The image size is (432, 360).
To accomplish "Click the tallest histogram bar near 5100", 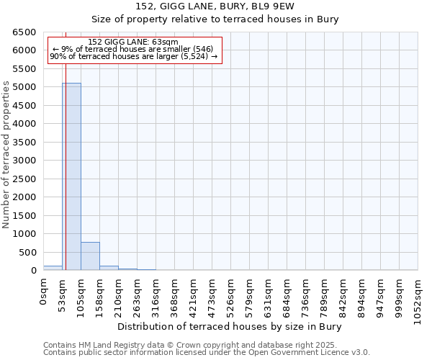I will (x=71, y=176).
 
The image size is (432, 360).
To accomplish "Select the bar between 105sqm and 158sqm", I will (x=90, y=256).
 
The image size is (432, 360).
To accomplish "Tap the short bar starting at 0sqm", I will (x=53, y=268).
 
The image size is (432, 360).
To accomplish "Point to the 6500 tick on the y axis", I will (x=24, y=32).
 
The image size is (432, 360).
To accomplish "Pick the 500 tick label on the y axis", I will (x=27, y=252).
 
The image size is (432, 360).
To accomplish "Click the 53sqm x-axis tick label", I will (x=62, y=294).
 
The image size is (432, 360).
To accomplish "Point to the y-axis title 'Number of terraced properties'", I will (x=7, y=155).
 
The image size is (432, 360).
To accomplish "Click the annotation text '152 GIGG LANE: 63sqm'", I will (x=133, y=42).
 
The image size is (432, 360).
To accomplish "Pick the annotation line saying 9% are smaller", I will (x=133, y=50).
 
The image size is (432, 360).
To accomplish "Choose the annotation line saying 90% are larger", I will (x=133, y=57).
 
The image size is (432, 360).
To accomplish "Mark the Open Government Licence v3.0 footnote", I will (x=207, y=353).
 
